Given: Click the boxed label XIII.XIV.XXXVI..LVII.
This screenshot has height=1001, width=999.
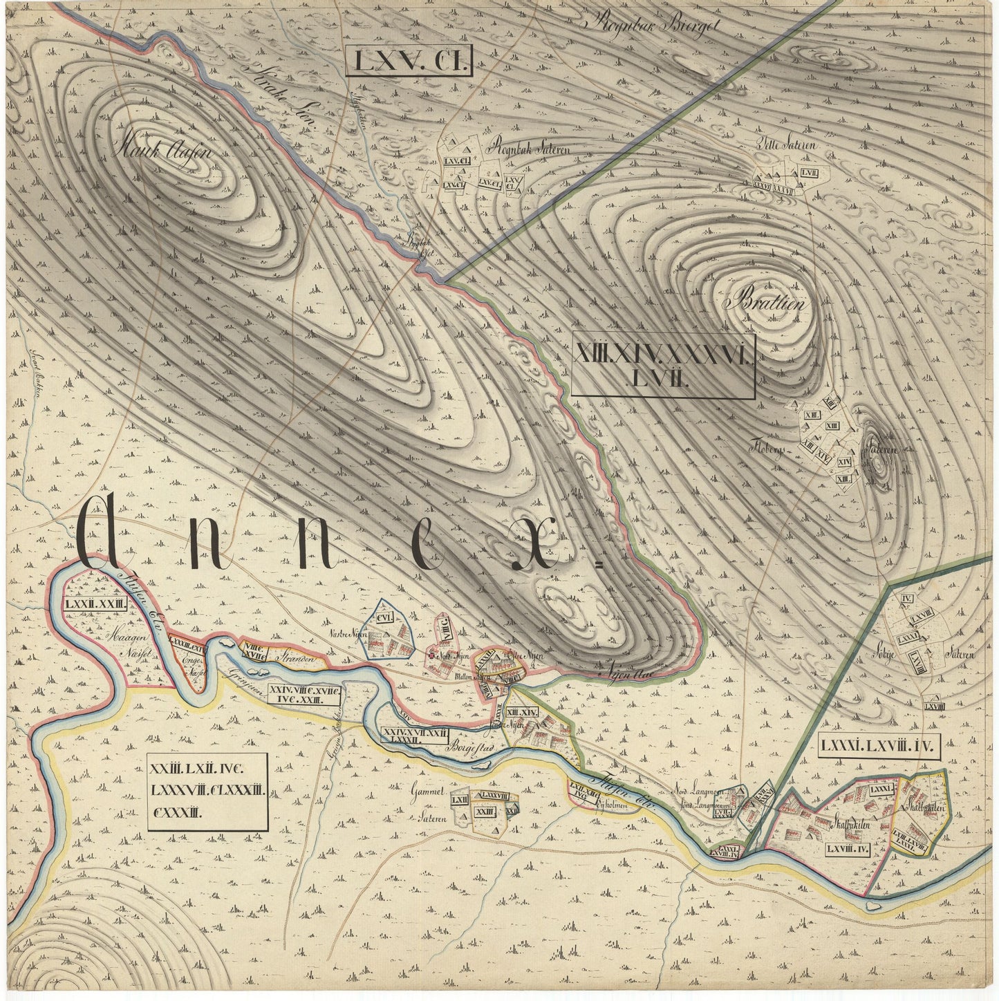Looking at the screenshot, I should click(664, 367).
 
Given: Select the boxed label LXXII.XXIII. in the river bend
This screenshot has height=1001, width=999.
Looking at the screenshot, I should click(96, 604).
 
